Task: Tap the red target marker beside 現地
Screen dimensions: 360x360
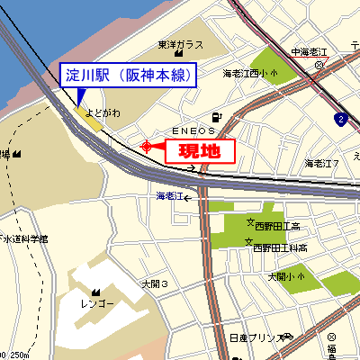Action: (147, 146)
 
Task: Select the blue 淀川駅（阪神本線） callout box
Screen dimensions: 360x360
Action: (128, 76)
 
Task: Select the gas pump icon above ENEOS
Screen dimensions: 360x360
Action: (216, 116)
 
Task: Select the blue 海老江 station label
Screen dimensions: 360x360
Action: (169, 195)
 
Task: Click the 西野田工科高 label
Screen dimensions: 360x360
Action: (281, 247)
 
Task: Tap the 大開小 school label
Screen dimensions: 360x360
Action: (288, 277)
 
